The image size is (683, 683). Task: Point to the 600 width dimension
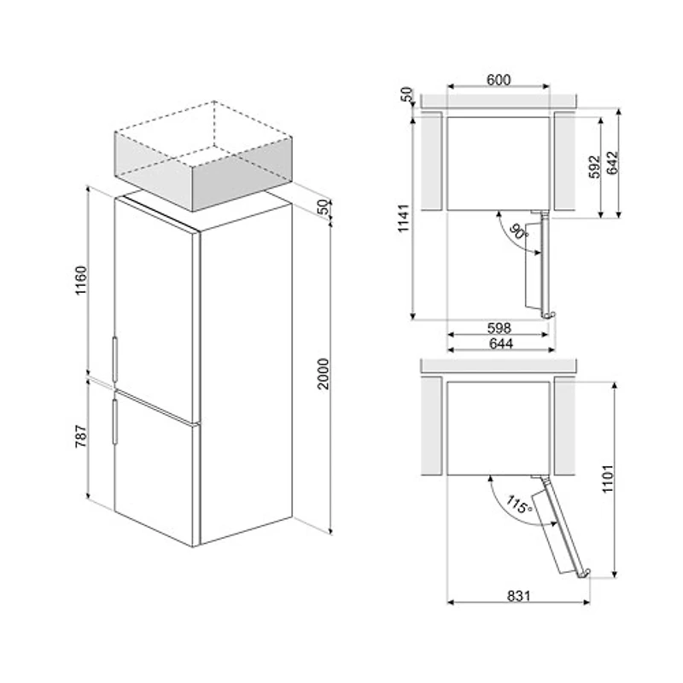point(499,79)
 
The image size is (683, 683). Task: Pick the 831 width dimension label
point(516,595)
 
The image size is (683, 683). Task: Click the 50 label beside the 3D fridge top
point(322,207)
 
